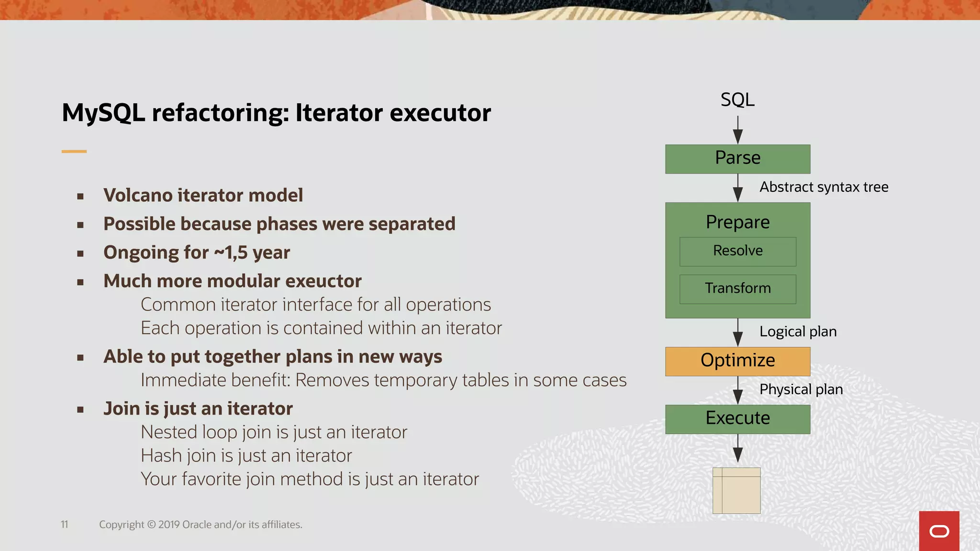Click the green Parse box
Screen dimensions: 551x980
point(737,159)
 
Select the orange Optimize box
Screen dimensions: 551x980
point(737,361)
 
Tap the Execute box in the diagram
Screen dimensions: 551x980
point(737,419)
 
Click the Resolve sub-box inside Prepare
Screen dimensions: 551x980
point(737,251)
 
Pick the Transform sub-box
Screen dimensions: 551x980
point(737,289)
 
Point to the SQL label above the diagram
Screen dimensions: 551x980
point(737,100)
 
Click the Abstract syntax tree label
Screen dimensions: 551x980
point(824,187)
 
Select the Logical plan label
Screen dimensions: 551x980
point(798,331)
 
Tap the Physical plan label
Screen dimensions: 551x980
point(801,389)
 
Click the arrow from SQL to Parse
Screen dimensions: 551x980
point(738,130)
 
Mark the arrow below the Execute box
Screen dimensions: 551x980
point(738,449)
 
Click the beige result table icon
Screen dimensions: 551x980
point(736,491)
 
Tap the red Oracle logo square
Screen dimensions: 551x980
point(939,531)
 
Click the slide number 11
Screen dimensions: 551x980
point(65,525)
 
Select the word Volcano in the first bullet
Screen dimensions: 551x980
point(138,196)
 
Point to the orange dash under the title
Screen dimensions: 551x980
point(74,152)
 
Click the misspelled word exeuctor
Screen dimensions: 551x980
point(323,281)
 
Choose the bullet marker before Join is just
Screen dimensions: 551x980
point(80,409)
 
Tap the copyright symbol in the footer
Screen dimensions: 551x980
point(151,525)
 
